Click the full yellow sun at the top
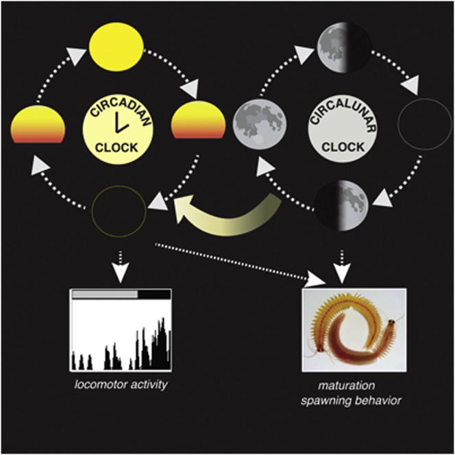pos(116,49)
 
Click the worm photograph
pos(355,329)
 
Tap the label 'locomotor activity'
pos(121,382)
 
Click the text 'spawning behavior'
pos(355,399)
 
